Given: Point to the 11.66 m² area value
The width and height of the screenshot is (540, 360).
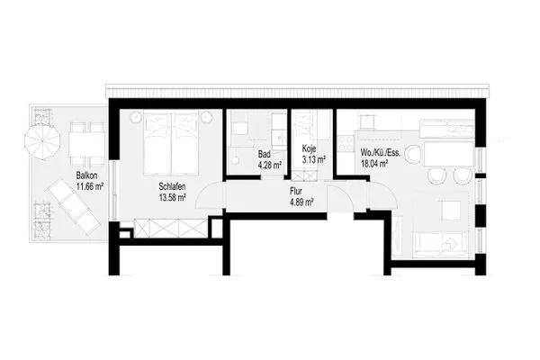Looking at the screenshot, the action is (90, 187).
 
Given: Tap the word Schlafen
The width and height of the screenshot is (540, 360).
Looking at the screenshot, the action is (172, 186).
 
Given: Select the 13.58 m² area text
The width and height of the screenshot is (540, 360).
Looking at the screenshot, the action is (173, 198).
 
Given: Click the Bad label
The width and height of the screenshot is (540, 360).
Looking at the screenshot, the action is (264, 154).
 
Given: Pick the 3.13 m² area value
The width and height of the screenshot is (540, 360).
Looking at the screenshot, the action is (314, 159).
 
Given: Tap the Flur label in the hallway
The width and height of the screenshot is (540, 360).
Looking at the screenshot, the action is (296, 191).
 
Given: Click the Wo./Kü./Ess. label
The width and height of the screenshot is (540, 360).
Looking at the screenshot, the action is (381, 152).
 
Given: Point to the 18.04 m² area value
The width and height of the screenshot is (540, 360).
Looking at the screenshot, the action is (374, 163).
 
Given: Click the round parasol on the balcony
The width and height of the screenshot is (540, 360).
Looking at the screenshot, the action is (42, 141).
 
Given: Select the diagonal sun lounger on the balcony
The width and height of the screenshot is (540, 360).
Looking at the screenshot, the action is (74, 207).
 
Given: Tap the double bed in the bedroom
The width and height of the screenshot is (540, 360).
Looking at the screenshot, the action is (171, 144).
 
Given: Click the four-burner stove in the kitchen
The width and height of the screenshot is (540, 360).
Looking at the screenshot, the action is (346, 143).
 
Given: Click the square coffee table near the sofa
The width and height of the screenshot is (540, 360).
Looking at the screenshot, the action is (450, 210).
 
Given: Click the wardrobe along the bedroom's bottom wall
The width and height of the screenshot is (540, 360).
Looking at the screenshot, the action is (171, 228).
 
